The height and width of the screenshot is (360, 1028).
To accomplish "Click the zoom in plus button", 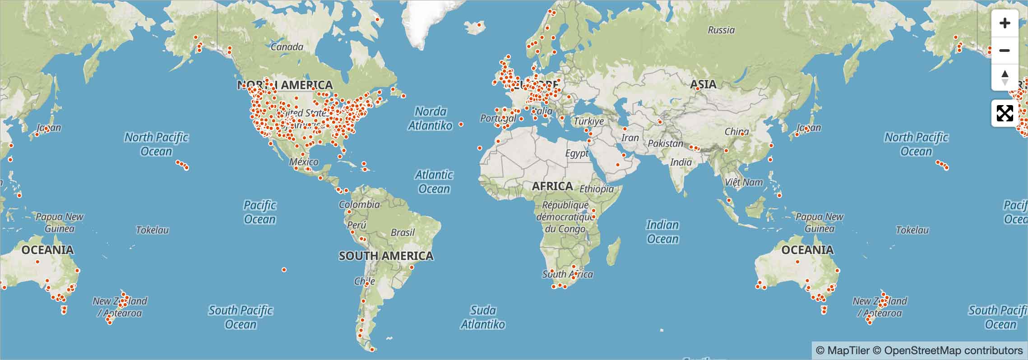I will [1005, 23].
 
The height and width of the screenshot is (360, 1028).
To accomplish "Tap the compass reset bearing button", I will [1005, 77].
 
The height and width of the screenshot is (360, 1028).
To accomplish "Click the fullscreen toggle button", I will [1005, 113].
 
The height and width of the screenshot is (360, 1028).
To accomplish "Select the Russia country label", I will [721, 30].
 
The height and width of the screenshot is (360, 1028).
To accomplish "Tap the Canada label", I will [287, 47].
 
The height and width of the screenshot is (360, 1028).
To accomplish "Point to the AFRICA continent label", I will [552, 186].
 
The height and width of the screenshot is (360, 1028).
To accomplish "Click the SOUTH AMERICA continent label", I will [386, 256].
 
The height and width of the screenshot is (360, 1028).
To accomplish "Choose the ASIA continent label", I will [703, 84].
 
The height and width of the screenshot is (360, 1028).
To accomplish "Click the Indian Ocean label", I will [662, 232].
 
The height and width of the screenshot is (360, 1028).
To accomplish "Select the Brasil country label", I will [403, 232].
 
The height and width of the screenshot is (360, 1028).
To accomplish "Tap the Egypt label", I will [577, 153].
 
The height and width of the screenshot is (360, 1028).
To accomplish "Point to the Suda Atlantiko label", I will [483, 317].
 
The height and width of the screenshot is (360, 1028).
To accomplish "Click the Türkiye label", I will [588, 121].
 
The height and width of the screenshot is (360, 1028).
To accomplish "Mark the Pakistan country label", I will [665, 143].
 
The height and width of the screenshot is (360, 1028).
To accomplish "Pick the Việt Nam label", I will [744, 182].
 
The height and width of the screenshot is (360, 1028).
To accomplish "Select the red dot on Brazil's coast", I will [412, 268].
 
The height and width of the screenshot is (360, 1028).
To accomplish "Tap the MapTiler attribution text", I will [843, 351].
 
